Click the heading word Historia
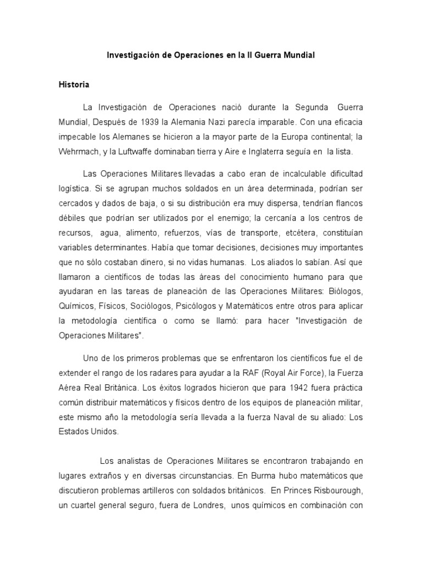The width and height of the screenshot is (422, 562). (74, 85)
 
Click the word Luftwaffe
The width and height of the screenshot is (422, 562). (133, 151)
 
